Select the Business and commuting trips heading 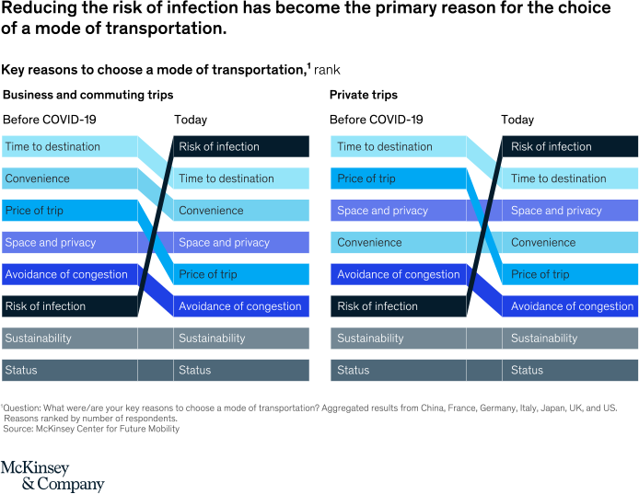click(88, 95)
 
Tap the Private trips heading click(364, 95)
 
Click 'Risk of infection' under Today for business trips click(241, 146)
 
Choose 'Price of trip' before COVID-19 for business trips click(69, 211)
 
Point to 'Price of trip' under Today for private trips click(570, 274)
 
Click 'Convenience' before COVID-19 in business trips click(69, 178)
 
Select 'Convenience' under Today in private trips click(570, 243)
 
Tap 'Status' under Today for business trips click(241, 370)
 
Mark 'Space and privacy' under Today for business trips click(241, 243)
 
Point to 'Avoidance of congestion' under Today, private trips click(570, 306)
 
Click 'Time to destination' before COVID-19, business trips click(69, 146)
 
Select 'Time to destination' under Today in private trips click(570, 178)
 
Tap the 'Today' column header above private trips click(517, 120)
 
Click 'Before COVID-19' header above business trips click(50, 120)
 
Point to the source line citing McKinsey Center click(91, 429)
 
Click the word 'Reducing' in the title click(34, 8)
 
